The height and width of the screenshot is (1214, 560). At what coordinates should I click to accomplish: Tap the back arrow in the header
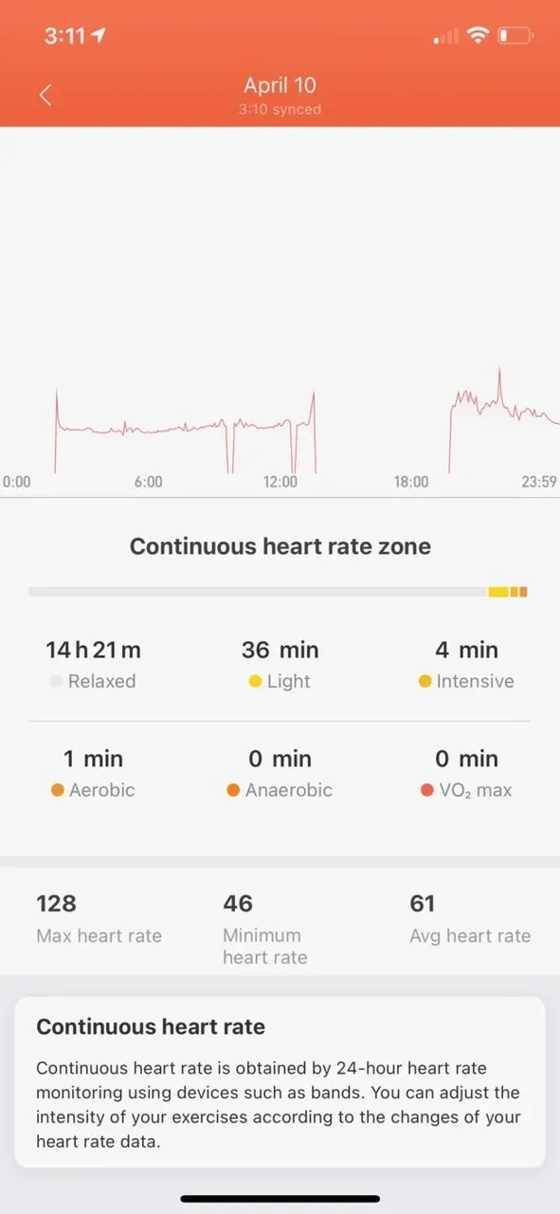(x=45, y=95)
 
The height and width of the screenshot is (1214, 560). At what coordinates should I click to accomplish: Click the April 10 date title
(x=280, y=84)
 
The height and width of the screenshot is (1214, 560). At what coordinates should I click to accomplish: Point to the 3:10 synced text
(x=280, y=109)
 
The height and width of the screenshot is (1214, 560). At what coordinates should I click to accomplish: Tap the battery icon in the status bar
(x=515, y=36)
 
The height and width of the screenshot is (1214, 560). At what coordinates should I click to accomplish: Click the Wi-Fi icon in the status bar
(x=479, y=36)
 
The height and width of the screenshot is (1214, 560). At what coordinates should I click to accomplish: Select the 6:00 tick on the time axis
(x=148, y=482)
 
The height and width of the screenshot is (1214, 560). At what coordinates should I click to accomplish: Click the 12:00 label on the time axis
(x=280, y=482)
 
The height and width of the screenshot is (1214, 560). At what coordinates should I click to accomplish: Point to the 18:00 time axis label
(x=410, y=482)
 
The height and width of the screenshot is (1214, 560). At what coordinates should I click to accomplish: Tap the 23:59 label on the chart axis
(x=538, y=482)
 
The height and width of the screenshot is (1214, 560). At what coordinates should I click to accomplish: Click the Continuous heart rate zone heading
(x=280, y=546)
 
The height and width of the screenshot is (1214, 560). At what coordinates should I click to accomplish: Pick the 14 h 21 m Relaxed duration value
(x=93, y=650)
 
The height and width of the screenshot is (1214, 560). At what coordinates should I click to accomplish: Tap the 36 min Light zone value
(x=280, y=650)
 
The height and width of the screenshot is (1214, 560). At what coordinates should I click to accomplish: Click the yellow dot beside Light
(x=255, y=682)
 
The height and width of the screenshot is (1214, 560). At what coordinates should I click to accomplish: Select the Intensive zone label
(x=475, y=681)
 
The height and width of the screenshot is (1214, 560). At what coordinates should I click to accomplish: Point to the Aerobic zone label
(x=101, y=790)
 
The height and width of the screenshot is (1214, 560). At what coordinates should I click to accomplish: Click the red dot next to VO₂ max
(x=425, y=790)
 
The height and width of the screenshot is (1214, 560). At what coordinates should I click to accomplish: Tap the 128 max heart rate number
(x=56, y=903)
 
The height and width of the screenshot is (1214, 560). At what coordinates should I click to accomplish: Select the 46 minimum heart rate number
(x=238, y=903)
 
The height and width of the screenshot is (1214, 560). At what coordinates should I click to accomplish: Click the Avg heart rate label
(x=470, y=936)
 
